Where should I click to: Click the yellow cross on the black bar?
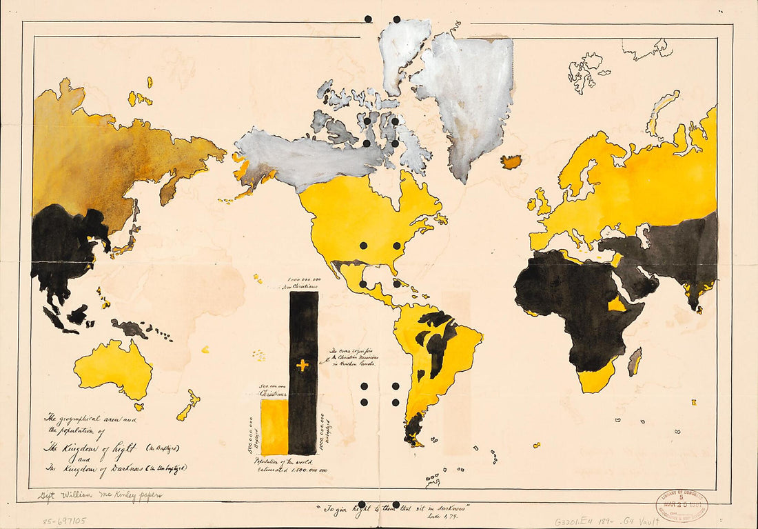(302, 366)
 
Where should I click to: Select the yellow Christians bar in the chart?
(274, 428)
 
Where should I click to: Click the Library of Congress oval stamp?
(682, 506)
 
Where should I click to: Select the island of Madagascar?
(635, 361)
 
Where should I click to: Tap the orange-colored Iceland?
(511, 162)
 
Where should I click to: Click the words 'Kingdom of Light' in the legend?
(90, 448)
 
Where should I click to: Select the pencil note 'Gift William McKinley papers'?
(100, 495)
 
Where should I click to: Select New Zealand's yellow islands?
(187, 406)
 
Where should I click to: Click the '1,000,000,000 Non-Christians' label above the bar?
(304, 281)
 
